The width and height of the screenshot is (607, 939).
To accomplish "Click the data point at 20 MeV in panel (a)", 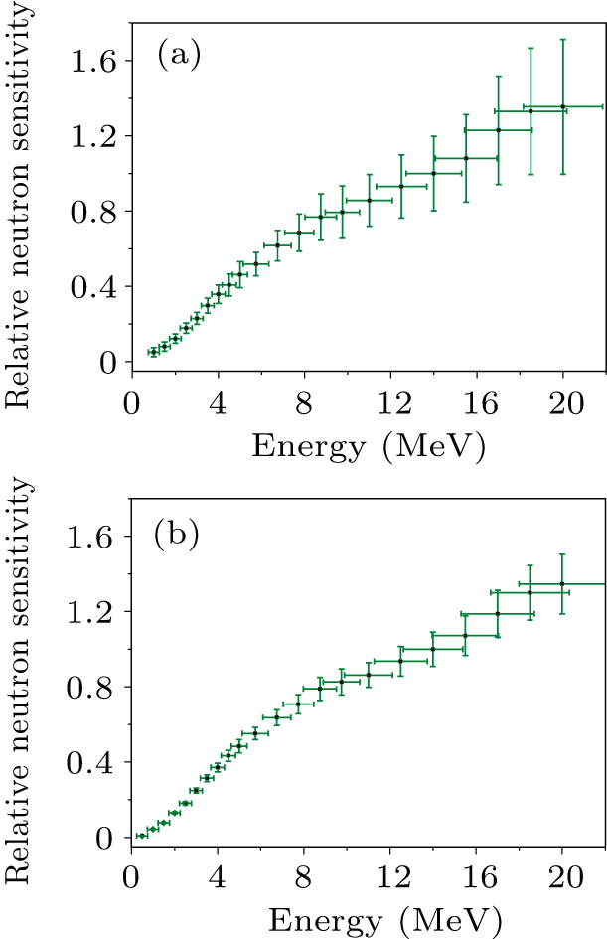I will coord(562,106).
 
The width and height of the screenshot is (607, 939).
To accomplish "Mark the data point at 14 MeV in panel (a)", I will coord(433,173).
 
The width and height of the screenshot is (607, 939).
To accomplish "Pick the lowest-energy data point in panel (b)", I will coord(142,836).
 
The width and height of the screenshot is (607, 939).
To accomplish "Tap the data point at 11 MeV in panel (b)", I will coord(369,675).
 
